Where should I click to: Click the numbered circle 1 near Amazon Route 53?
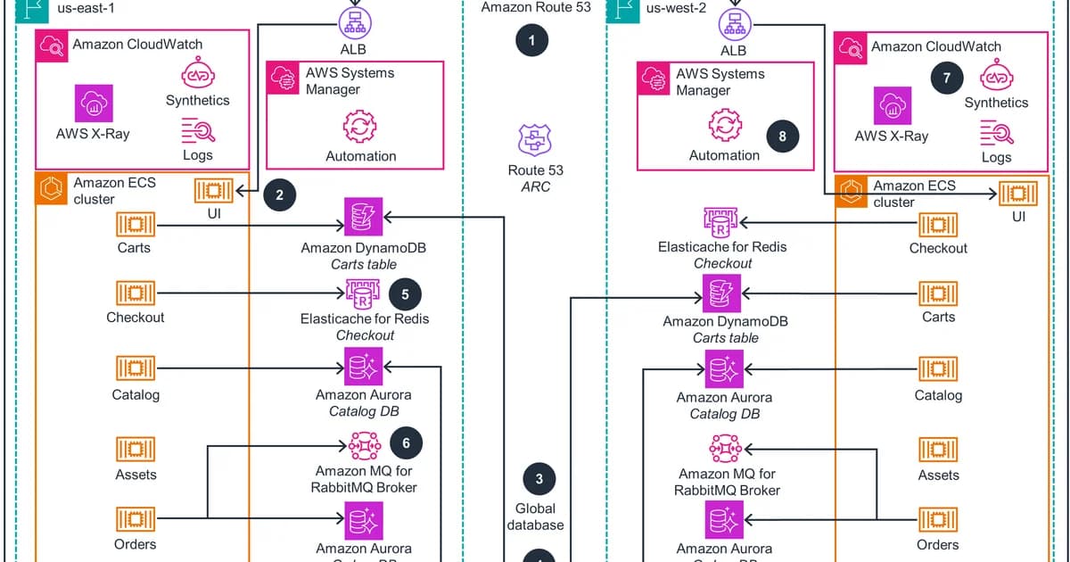pos(532,40)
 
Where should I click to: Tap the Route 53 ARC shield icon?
pos(536,141)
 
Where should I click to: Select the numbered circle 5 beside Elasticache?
pos(405,293)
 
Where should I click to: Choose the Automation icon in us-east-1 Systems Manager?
pos(360,126)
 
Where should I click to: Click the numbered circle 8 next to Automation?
pos(783,136)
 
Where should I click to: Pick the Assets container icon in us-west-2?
pos(938,449)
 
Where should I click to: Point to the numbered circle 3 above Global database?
pos(539,480)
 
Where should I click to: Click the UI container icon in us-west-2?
pos(1018,193)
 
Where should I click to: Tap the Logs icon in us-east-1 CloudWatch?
pos(197,132)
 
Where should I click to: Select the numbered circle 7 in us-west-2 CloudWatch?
pos(946,78)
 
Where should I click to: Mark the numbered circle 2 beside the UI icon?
pos(280,196)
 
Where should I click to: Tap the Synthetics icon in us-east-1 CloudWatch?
pos(197,74)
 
